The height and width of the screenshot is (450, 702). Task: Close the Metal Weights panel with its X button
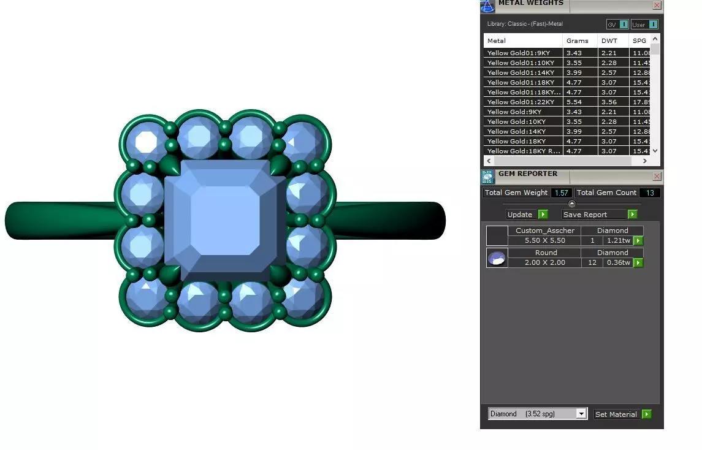(657, 5)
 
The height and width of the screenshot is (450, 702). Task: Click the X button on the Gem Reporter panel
(657, 177)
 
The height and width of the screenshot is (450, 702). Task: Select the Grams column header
(578, 41)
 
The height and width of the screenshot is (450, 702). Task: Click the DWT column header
(609, 41)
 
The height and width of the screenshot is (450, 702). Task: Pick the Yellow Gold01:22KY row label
(521, 102)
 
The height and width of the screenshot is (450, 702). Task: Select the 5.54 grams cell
(574, 102)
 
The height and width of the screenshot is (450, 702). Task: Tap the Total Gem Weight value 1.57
(561, 193)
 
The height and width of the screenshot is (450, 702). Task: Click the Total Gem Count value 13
(650, 193)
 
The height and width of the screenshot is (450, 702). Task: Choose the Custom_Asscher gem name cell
(545, 231)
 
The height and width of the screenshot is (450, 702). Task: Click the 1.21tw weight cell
(618, 241)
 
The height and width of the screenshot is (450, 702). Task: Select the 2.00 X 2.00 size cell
(545, 262)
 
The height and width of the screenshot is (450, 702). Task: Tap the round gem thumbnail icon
(497, 258)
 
